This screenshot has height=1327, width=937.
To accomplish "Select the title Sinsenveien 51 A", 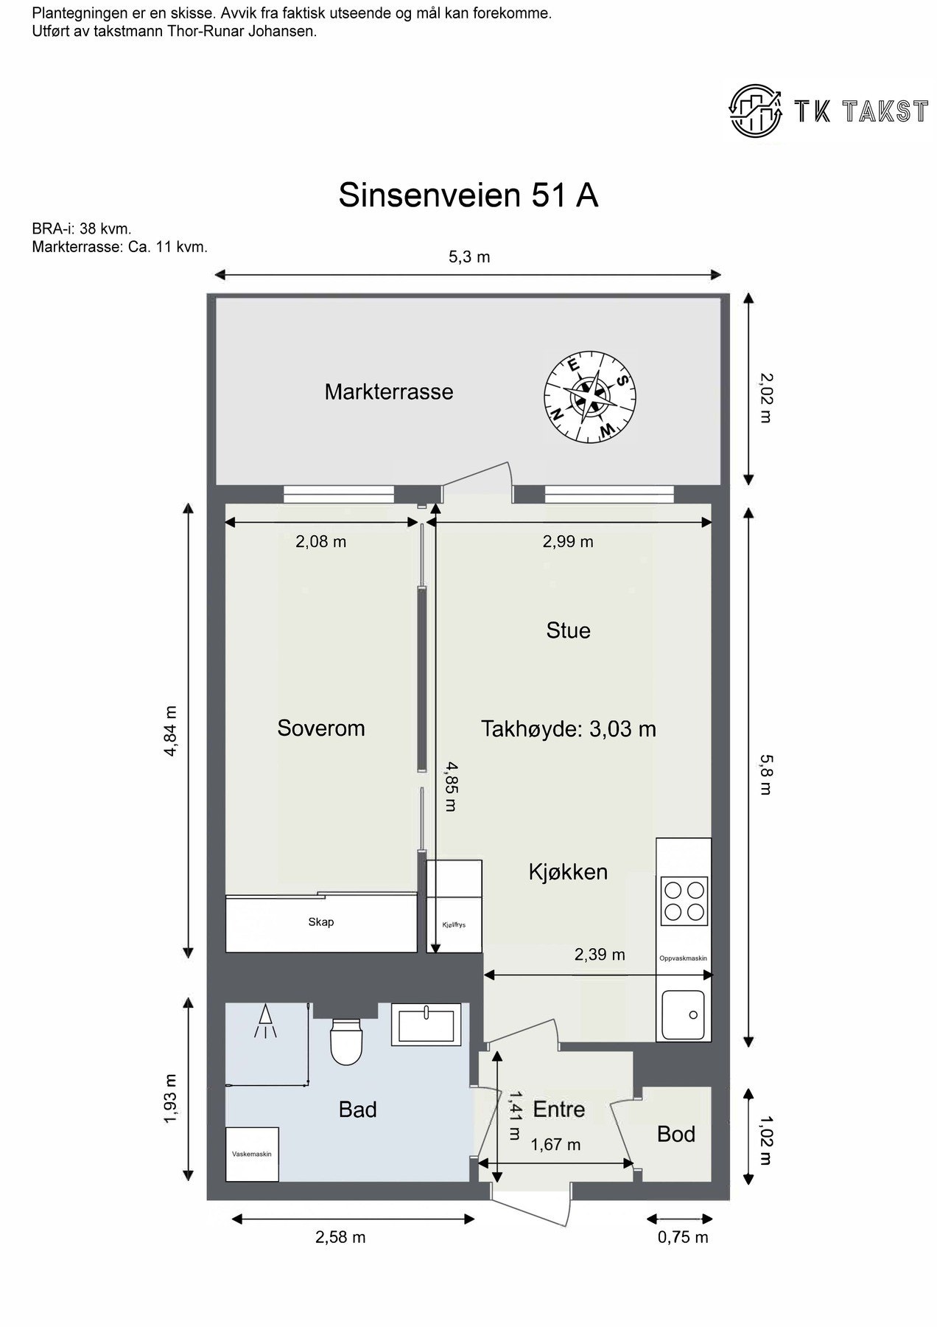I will pos(468,196).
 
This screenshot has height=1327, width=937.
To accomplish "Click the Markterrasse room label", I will pos(388,391).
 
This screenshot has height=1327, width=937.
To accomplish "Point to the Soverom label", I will pos(320,728).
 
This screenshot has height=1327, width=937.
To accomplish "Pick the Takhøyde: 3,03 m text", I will pos(568,729).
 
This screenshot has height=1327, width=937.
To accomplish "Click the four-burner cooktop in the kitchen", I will pos(684,900).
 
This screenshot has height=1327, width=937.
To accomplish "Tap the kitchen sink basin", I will pos(683,1015).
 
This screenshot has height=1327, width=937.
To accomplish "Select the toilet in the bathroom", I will pos(345,1041).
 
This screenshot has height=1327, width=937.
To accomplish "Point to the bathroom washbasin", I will pos(426,1023).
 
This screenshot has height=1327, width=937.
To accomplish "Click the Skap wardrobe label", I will pos(321,922).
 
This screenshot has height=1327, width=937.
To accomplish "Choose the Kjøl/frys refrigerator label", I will pos(454,924).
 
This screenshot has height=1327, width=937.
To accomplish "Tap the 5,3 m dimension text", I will pos(469,257).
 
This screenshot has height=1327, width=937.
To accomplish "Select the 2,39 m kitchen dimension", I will pos(600,955).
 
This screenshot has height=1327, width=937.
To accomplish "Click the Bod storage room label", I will pos(675,1134).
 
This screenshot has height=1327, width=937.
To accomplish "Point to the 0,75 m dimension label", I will pos(682,1237).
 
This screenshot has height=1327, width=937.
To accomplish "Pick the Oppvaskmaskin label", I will pos(683,958).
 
